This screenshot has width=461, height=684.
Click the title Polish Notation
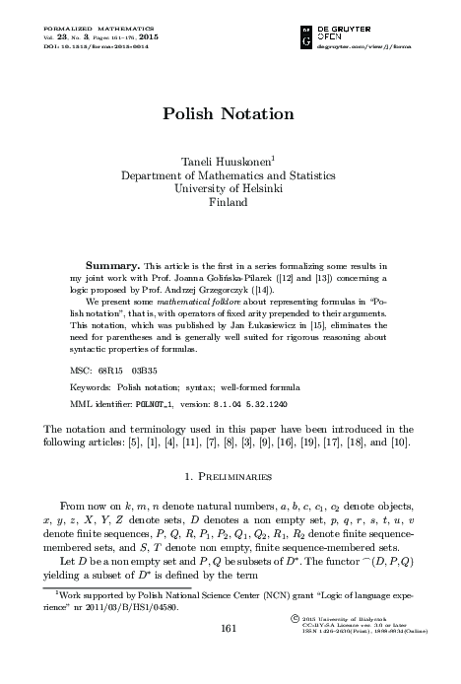click(x=230, y=114)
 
